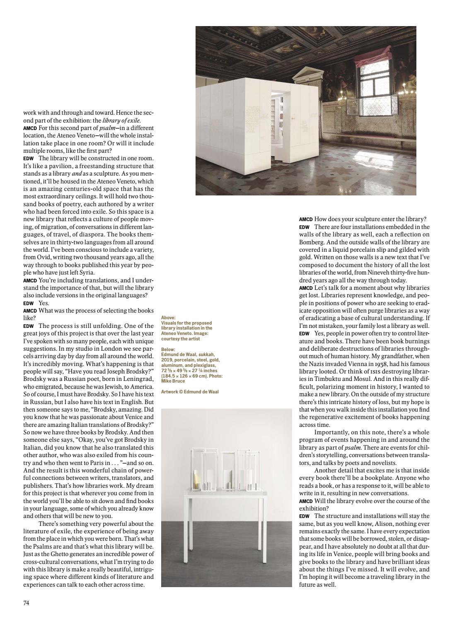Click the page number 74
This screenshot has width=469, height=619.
click(26, 603)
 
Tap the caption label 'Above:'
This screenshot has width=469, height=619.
click(168, 318)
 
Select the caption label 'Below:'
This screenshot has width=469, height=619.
click(168, 349)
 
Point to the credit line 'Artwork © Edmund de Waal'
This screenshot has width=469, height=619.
click(190, 392)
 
